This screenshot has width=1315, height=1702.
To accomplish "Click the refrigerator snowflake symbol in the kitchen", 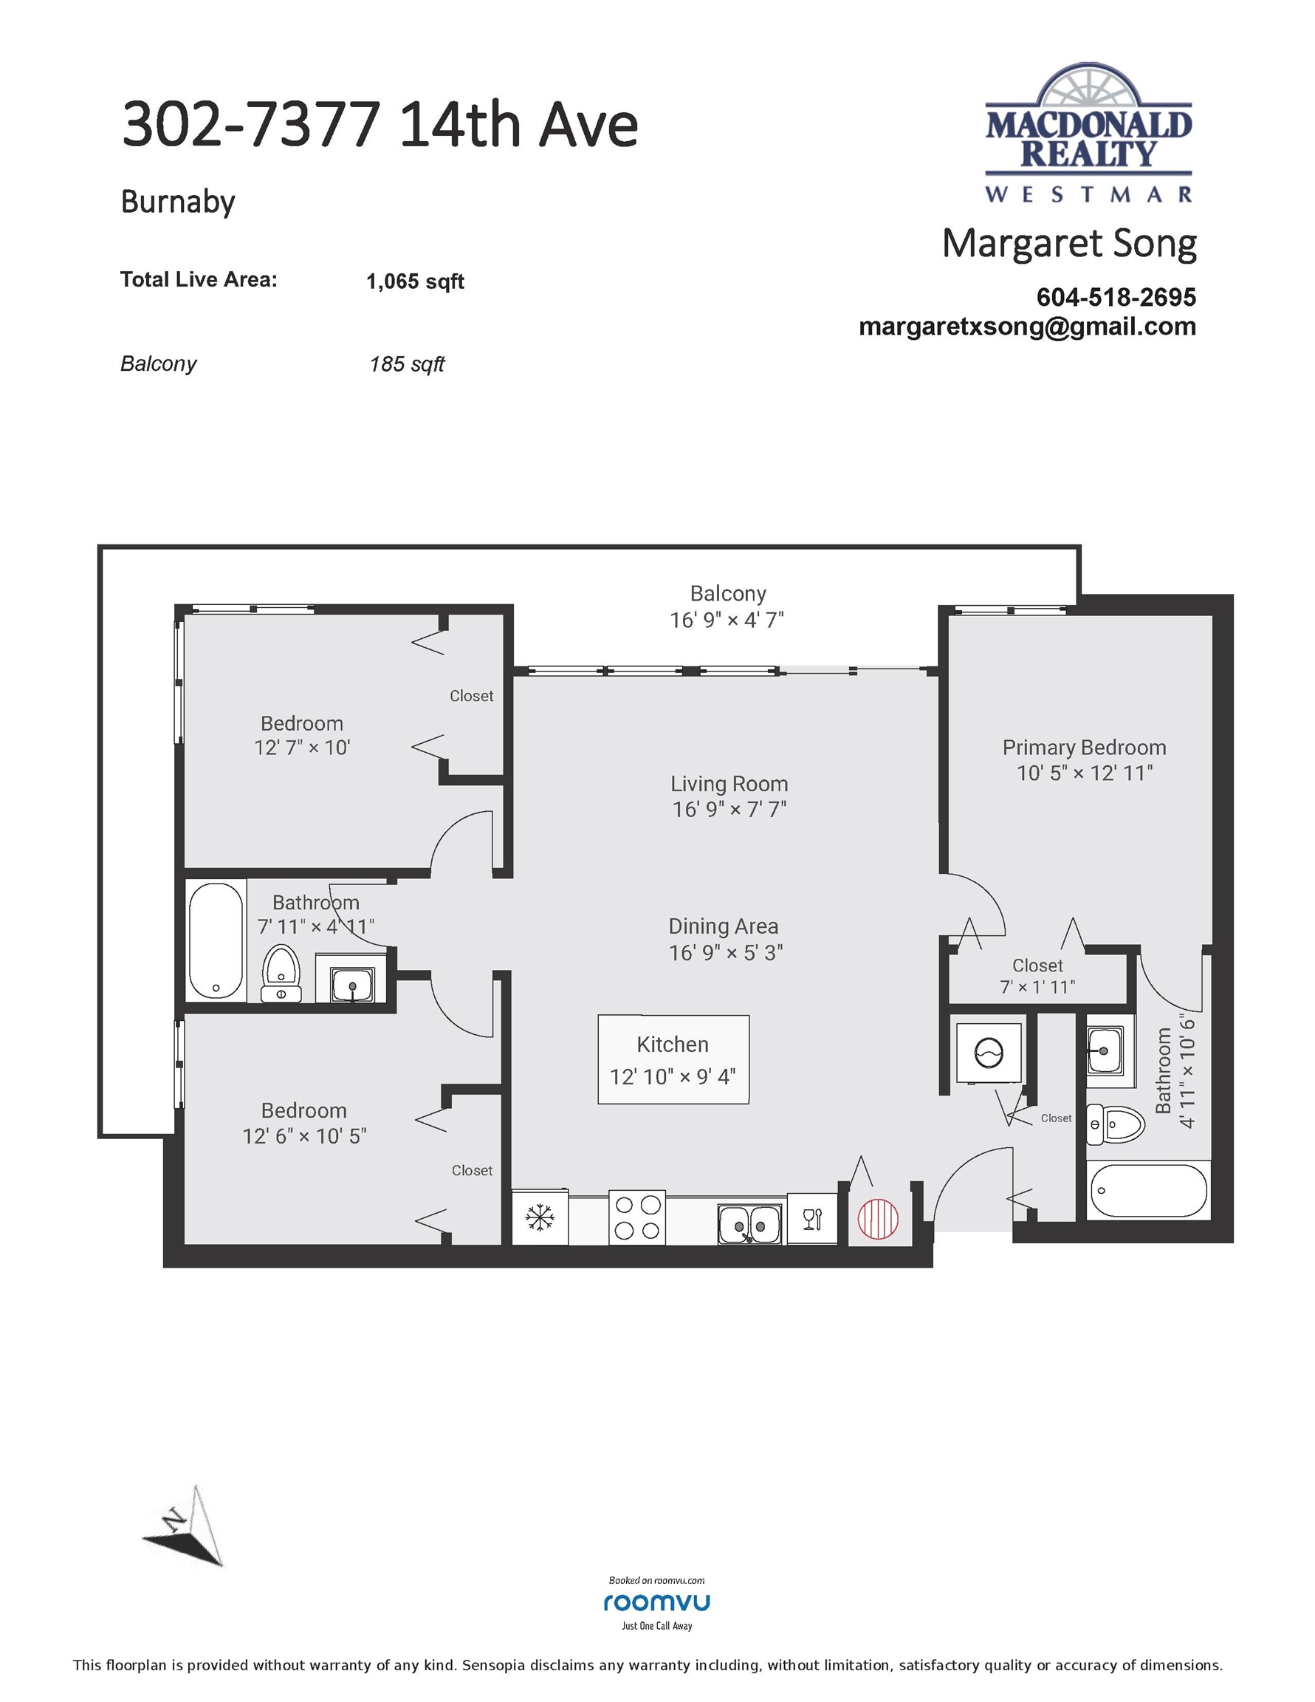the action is click(x=539, y=1217).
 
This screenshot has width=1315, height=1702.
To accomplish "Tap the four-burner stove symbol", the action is click(x=637, y=1217).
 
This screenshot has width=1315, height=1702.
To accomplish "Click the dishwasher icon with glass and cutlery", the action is click(x=811, y=1218).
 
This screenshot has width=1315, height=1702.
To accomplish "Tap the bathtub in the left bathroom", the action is click(x=216, y=940).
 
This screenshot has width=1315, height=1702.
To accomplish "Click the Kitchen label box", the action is click(x=673, y=1060).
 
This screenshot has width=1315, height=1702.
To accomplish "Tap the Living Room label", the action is click(x=729, y=783).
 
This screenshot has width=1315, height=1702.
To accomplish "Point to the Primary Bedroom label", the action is click(x=1084, y=748).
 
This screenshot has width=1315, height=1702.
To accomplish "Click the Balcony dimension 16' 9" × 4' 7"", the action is click(x=727, y=621).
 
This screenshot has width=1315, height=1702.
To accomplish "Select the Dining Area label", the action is click(x=723, y=926).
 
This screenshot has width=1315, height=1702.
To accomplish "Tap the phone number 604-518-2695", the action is click(x=1116, y=297).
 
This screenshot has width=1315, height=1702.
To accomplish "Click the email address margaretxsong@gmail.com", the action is click(x=1027, y=327).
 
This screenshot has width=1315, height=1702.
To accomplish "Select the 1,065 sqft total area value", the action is click(x=414, y=281).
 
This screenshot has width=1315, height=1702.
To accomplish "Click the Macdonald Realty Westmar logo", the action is click(x=1088, y=132).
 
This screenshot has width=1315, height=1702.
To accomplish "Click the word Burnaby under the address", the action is click(x=178, y=202).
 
